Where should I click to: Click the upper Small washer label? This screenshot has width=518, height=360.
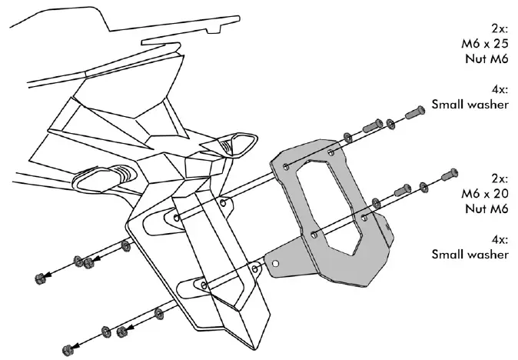click(x=470, y=103)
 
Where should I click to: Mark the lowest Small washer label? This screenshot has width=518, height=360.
click(x=470, y=254)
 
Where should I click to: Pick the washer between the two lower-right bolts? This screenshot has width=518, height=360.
click(x=423, y=185)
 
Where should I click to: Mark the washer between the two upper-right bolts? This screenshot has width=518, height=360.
click(x=391, y=122)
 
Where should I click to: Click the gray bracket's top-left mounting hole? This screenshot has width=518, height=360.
click(x=286, y=167)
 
